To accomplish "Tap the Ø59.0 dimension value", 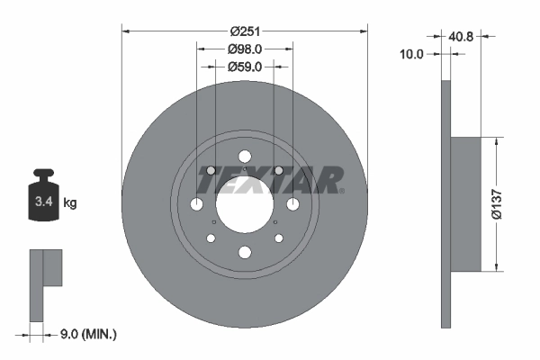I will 244,66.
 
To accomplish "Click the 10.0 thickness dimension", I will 411,54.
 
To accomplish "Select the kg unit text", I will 71,202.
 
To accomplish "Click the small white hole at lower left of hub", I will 211,238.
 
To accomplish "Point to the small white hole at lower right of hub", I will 277,238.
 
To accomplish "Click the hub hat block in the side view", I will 467,203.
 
